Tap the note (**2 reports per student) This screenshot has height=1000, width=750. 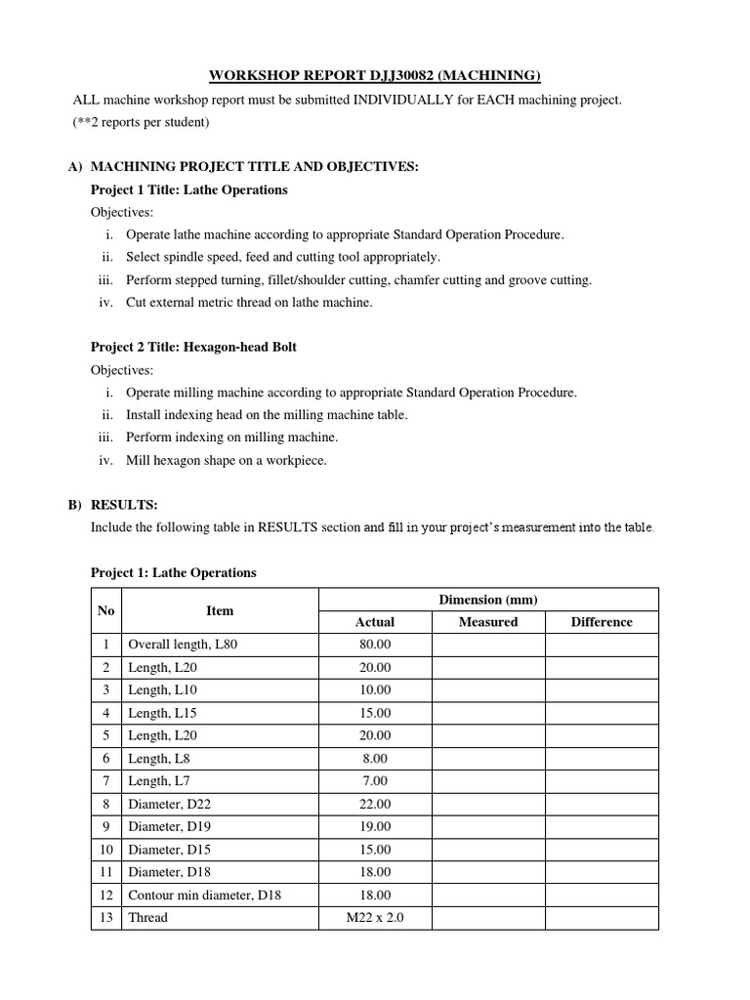(x=141, y=122)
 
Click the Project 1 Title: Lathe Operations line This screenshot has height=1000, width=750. (x=188, y=189)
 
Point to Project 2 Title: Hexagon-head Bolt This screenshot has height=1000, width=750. (x=193, y=347)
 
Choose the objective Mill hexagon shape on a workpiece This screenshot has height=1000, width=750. (x=226, y=460)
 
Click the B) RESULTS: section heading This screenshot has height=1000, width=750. (x=124, y=505)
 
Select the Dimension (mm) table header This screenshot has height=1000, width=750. (x=488, y=599)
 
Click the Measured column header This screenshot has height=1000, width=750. (x=488, y=622)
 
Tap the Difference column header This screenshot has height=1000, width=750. (x=602, y=622)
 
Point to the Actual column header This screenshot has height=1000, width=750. (x=375, y=622)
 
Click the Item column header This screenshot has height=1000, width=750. (x=220, y=610)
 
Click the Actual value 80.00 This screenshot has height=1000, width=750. (x=375, y=645)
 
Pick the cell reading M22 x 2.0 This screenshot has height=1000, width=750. (x=375, y=917)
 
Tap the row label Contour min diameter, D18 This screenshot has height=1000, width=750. (x=204, y=895)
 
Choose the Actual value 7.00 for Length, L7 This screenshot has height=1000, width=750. (x=375, y=781)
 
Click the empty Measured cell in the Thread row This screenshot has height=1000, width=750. (x=488, y=917)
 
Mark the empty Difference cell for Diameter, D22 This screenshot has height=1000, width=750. (x=602, y=804)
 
